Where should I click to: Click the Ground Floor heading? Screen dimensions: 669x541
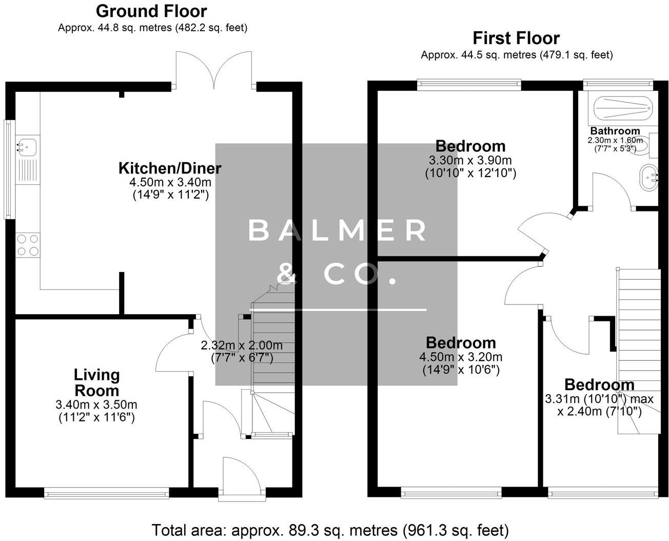[x=151, y=11]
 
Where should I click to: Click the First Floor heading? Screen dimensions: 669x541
[x=516, y=38]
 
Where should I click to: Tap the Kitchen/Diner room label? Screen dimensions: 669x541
[x=170, y=168]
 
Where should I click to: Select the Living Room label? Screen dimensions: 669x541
[x=96, y=382]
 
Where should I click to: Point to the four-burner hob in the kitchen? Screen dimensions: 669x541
[x=28, y=245]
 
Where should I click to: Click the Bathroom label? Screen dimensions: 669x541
[x=615, y=131]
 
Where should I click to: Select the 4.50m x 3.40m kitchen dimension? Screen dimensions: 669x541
[x=170, y=182]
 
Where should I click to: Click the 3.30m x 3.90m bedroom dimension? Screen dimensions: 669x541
[x=470, y=161]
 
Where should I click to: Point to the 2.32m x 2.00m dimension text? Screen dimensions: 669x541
[x=241, y=345]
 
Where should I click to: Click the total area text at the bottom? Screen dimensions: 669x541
[x=330, y=529]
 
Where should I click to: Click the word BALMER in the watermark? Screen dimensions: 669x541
[x=337, y=230]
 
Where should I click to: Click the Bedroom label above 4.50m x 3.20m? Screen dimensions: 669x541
[x=461, y=342]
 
